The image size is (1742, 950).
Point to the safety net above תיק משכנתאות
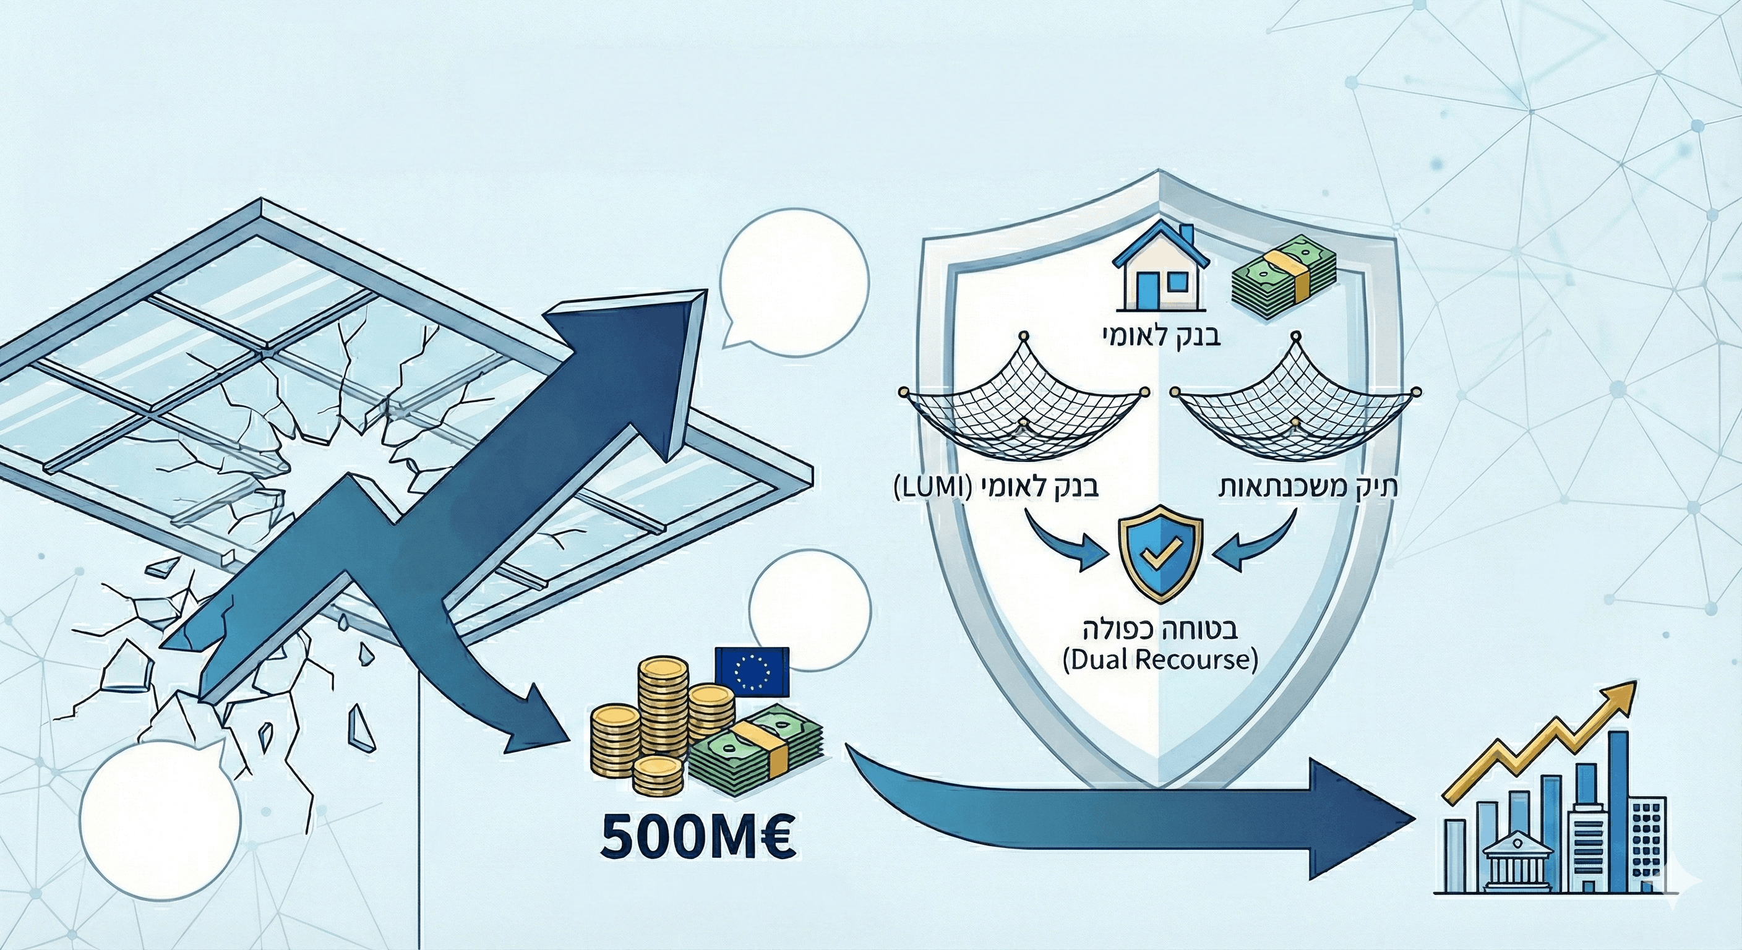1295,406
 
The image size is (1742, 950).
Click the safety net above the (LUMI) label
1023,406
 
